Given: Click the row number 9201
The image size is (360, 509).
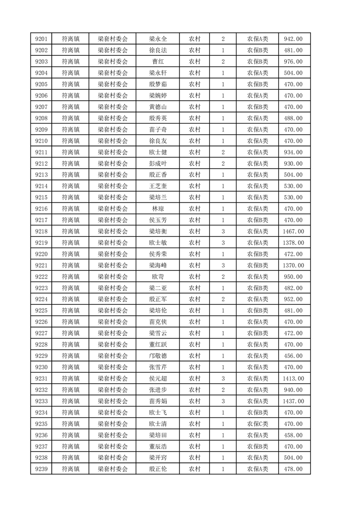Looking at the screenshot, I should point(41,39).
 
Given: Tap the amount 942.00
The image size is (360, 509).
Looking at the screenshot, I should point(293,39).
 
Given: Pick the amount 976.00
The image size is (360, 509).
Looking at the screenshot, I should point(293,61).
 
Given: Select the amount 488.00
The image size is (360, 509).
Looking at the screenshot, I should point(293,118).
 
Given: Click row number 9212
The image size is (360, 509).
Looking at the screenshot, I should point(41,163).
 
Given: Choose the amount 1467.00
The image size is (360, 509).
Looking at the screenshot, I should point(293,231).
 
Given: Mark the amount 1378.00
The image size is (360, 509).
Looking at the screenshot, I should point(293,243).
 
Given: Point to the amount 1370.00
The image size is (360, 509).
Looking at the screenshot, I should point(293,265).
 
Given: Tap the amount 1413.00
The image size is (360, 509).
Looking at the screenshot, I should point(293,378).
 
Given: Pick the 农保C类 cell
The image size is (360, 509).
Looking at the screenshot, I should point(257,424).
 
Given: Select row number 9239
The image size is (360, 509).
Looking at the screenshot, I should point(41,469).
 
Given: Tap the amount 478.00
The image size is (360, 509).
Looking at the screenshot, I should point(293,469).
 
